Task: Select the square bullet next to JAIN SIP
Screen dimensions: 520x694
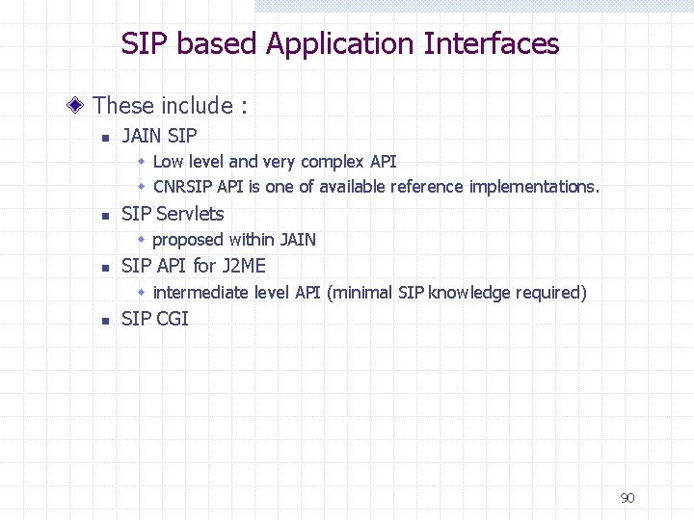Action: pyautogui.click(x=107, y=137)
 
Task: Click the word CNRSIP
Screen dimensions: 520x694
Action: pyautogui.click(x=183, y=187)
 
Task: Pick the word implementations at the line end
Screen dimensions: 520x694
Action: pyautogui.click(x=534, y=187)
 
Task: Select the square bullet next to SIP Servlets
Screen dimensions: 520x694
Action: pyautogui.click(x=107, y=216)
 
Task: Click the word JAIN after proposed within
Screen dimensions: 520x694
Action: pyautogui.click(x=298, y=240)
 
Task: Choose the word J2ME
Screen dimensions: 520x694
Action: pyautogui.click(x=244, y=266)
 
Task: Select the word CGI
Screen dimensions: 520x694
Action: pyautogui.click(x=173, y=319)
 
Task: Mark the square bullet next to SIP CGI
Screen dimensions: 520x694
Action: pyautogui.click(x=107, y=321)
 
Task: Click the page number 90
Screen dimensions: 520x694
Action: pyautogui.click(x=627, y=498)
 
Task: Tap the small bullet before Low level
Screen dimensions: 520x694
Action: pyautogui.click(x=141, y=162)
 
